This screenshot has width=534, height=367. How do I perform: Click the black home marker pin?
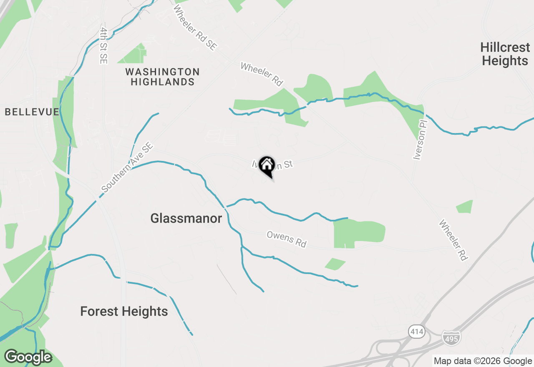[267, 165]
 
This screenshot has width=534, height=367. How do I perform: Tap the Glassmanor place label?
[186, 218]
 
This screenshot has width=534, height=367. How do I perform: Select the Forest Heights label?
[124, 311]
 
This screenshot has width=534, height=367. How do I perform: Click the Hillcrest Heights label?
[504, 54]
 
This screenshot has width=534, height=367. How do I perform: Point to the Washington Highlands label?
[162, 77]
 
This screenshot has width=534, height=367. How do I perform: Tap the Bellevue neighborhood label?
[32, 112]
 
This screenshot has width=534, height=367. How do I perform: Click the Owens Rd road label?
[287, 240]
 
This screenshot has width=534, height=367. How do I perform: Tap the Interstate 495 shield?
[451, 337]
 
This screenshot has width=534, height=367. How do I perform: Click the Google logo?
[28, 357]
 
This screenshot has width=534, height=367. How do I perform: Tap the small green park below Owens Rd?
[335, 264]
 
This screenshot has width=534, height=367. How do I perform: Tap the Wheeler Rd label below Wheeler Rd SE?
[262, 74]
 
